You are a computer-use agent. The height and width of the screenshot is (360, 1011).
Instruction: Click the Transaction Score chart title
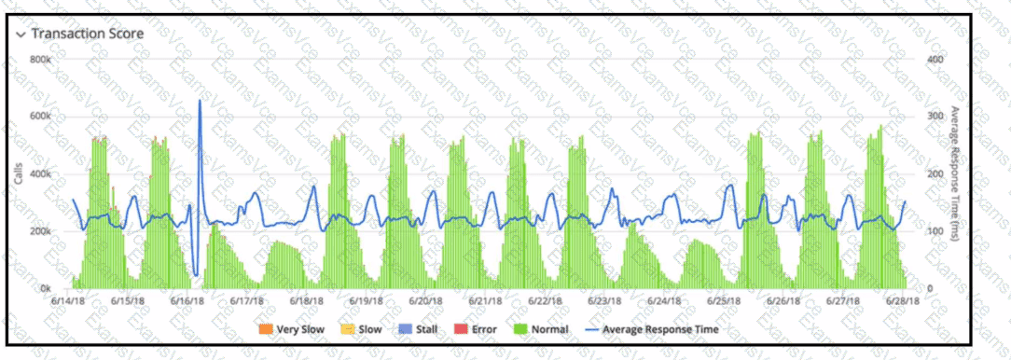click(x=88, y=33)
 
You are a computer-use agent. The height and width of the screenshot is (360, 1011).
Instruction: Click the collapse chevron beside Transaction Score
click(x=21, y=34)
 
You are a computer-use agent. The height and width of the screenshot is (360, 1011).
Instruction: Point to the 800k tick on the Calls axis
click(x=40, y=60)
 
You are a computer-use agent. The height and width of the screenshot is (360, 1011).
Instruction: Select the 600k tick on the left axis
click(x=40, y=117)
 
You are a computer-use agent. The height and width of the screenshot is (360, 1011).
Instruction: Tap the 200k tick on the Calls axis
click(x=40, y=231)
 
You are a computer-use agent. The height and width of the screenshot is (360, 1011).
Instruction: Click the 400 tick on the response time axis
click(x=935, y=60)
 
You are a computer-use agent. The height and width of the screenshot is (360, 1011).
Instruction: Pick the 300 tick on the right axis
click(x=935, y=117)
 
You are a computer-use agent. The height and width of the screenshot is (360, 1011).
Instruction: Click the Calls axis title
click(x=19, y=174)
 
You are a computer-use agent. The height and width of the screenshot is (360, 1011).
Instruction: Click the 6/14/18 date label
click(x=68, y=301)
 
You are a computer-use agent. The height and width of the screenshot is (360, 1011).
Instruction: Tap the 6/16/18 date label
click(x=187, y=301)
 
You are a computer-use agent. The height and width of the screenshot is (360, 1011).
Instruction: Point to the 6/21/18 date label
click(x=486, y=301)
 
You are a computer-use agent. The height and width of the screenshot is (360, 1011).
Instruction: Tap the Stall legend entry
click(x=420, y=329)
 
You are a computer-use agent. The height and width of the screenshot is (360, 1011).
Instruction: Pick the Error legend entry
click(x=478, y=329)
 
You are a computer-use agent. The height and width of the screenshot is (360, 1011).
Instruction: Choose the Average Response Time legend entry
click(x=653, y=329)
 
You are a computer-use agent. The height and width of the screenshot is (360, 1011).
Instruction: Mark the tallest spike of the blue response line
click(x=200, y=101)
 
